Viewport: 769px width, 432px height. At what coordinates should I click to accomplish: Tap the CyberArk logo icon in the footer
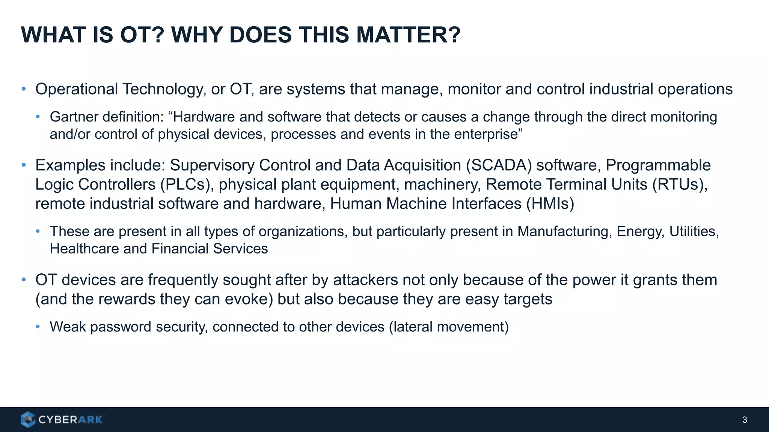[x=28, y=420]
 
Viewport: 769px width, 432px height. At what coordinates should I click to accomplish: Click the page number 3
[x=745, y=420]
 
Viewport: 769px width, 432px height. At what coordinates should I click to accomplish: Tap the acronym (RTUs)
[x=680, y=184]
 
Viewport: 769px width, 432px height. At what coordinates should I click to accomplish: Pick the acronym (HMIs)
[x=550, y=204]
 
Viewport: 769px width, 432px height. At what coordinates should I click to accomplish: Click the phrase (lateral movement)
[x=449, y=327]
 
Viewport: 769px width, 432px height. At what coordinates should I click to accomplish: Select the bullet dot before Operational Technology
[x=24, y=89]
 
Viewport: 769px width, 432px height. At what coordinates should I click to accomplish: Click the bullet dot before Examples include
[x=24, y=165]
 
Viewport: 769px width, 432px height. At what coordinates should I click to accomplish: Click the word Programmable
[x=658, y=165]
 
